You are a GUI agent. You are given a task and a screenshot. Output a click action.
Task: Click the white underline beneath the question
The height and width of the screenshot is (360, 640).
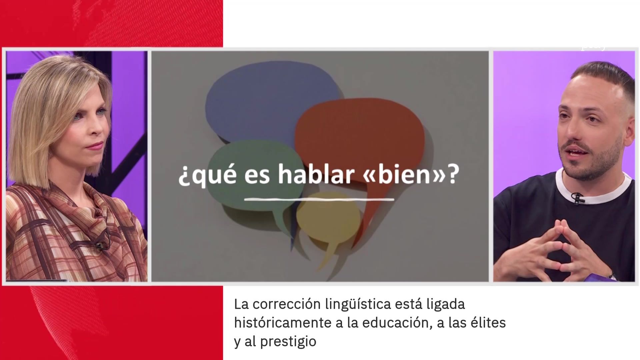pyautogui.click(x=319, y=200)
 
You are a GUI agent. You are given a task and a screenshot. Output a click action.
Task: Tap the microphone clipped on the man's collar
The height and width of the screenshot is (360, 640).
pyautogui.click(x=578, y=198)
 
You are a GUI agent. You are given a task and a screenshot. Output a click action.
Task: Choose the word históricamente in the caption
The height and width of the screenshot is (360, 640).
pyautogui.click(x=283, y=323)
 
